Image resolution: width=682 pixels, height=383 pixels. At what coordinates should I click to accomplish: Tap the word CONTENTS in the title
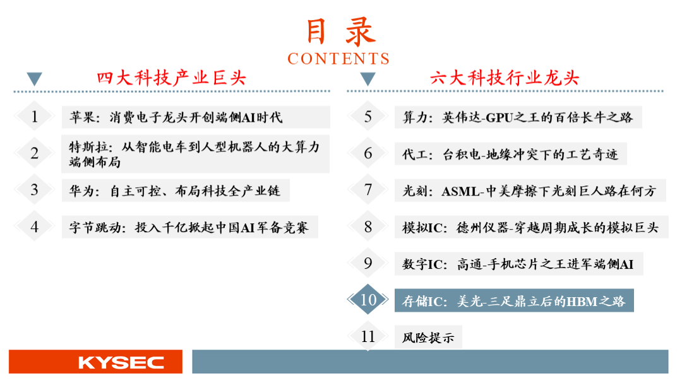[338, 59]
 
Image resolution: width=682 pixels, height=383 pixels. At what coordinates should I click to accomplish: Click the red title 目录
[340, 32]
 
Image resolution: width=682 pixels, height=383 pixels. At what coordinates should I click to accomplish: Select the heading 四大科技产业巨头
[171, 78]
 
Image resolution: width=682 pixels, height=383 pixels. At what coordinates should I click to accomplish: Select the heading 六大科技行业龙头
[505, 78]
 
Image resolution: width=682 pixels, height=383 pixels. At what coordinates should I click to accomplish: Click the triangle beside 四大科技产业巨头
[34, 79]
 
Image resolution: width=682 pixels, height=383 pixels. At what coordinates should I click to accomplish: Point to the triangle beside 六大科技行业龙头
[368, 79]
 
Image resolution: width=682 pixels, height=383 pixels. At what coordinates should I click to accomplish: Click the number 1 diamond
[34, 117]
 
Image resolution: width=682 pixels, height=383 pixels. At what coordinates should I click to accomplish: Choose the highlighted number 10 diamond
[368, 300]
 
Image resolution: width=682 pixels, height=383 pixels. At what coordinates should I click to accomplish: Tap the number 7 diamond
[368, 190]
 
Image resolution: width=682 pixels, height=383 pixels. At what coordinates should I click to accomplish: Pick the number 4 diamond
[34, 227]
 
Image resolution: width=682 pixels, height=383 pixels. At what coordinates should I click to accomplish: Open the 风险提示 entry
[428, 338]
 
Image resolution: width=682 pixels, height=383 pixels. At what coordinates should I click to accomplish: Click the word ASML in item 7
[460, 191]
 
